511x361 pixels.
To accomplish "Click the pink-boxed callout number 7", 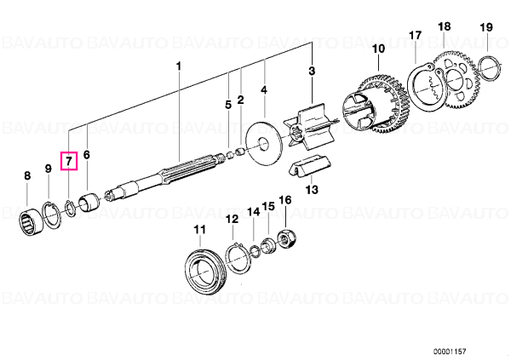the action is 69,161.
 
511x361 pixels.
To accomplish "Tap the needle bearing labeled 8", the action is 32,221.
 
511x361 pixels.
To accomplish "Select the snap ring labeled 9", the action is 51,215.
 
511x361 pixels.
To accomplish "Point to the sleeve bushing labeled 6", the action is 89,203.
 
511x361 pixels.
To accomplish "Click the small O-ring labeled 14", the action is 255,251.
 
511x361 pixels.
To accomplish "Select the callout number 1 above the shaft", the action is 178,66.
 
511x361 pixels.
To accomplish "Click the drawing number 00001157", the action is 450,352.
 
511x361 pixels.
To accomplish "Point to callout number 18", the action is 445,26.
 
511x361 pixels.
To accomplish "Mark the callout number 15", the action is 268,206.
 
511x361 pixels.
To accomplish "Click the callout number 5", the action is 228,105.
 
